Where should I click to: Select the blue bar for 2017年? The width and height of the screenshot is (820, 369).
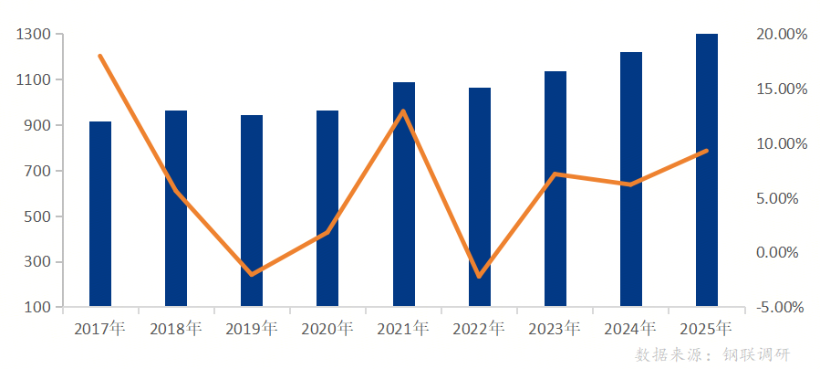[100, 214]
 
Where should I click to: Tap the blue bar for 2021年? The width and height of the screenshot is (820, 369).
[404, 194]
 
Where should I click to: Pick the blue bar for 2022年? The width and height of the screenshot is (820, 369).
[480, 196]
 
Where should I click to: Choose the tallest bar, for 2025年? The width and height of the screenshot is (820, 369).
[707, 170]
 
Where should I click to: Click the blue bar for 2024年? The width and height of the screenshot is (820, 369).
[631, 179]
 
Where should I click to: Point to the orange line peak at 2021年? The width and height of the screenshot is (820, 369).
[403, 111]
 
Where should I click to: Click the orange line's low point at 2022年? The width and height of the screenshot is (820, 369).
[479, 276]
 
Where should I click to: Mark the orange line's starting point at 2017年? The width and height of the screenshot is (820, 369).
[99, 56]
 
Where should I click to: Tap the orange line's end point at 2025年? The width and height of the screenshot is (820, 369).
[707, 151]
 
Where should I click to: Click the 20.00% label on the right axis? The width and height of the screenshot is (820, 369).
[782, 35]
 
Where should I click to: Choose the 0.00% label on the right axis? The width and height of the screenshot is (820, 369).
[782, 253]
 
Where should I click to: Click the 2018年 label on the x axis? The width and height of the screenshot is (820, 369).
[176, 329]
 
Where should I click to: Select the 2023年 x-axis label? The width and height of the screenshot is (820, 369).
[555, 329]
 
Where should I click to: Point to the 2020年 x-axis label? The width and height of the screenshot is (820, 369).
[327, 329]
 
